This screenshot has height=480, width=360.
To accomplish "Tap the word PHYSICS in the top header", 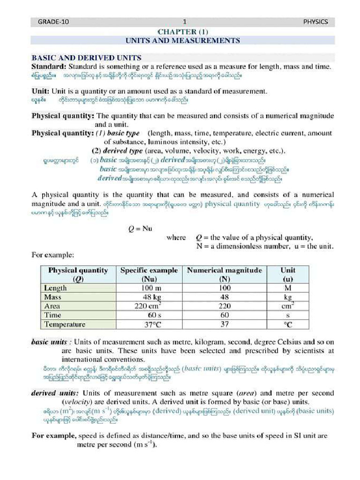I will pyautogui.click(x=315, y=22).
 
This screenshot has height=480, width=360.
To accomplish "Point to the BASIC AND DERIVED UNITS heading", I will pyautogui.click(x=86, y=58).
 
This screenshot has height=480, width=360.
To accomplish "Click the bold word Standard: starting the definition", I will pyautogui.click(x=49, y=67).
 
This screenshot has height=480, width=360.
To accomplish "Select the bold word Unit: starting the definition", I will pyautogui.click(x=41, y=91).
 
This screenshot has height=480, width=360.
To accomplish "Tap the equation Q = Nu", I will pyautogui.click(x=141, y=229).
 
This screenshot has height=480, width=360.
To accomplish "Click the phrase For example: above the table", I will pyautogui.click(x=52, y=255).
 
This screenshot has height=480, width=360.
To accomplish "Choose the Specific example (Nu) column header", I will pyautogui.click(x=149, y=274).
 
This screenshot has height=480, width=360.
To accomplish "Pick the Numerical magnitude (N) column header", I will pyautogui.click(x=225, y=274).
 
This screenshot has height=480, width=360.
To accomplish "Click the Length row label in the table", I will pyautogui.click(x=55, y=288).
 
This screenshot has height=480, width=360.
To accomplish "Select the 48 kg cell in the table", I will pyautogui.click(x=152, y=297).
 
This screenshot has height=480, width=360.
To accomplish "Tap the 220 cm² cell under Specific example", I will pyautogui.click(x=149, y=306).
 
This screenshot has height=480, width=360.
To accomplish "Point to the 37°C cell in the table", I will pyautogui.click(x=152, y=324).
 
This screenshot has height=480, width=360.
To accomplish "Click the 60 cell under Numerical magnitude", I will pyautogui.click(x=225, y=315).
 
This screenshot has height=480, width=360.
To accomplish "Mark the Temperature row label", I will pyautogui.click(x=65, y=324).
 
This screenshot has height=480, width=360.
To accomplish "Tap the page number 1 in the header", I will pyautogui.click(x=185, y=22).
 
